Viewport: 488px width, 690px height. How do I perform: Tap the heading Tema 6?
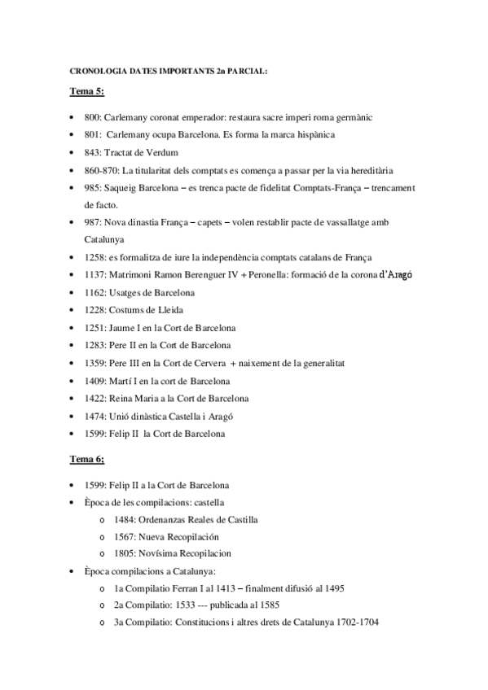(86, 460)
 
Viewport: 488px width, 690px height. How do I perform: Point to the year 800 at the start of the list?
(91, 117)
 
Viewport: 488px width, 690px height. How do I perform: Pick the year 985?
(91, 188)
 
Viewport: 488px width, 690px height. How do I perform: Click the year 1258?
(95, 258)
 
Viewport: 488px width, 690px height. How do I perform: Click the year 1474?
(95, 416)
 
